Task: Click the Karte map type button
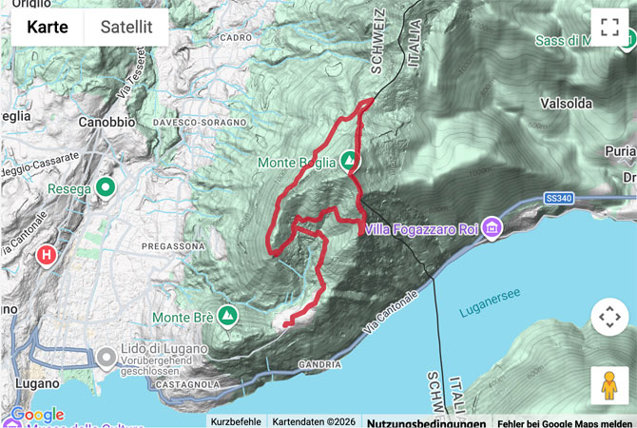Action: [x=47, y=27]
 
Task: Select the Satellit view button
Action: [x=126, y=27]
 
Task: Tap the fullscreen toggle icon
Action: [x=609, y=27]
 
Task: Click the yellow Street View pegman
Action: [x=609, y=384]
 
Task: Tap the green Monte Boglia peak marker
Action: [x=350, y=162]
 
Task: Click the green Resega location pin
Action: [x=106, y=187]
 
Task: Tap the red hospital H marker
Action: [x=46, y=255]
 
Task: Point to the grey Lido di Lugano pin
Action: [x=106, y=358]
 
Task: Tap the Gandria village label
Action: [x=319, y=364]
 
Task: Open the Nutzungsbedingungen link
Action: [x=426, y=422]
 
